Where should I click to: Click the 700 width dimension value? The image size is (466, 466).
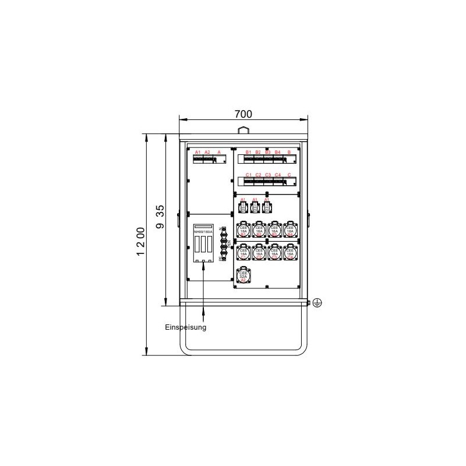pyautogui.click(x=243, y=114)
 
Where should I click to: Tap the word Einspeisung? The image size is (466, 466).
pyautogui.click(x=185, y=327)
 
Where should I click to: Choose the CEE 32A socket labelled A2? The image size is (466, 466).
pyautogui.click(x=243, y=276)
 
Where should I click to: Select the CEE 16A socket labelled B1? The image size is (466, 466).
pyautogui.click(x=243, y=231)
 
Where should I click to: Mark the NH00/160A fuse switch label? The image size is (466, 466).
pyautogui.click(x=203, y=232)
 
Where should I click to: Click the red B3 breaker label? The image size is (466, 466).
pyautogui.click(x=268, y=152)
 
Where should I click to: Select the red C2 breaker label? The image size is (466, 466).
pyautogui.click(x=258, y=175)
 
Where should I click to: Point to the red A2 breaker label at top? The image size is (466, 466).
pyautogui.click(x=207, y=152)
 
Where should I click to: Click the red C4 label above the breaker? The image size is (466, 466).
pyautogui.click(x=278, y=175)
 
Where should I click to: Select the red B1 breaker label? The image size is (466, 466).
pyautogui.click(x=248, y=152)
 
